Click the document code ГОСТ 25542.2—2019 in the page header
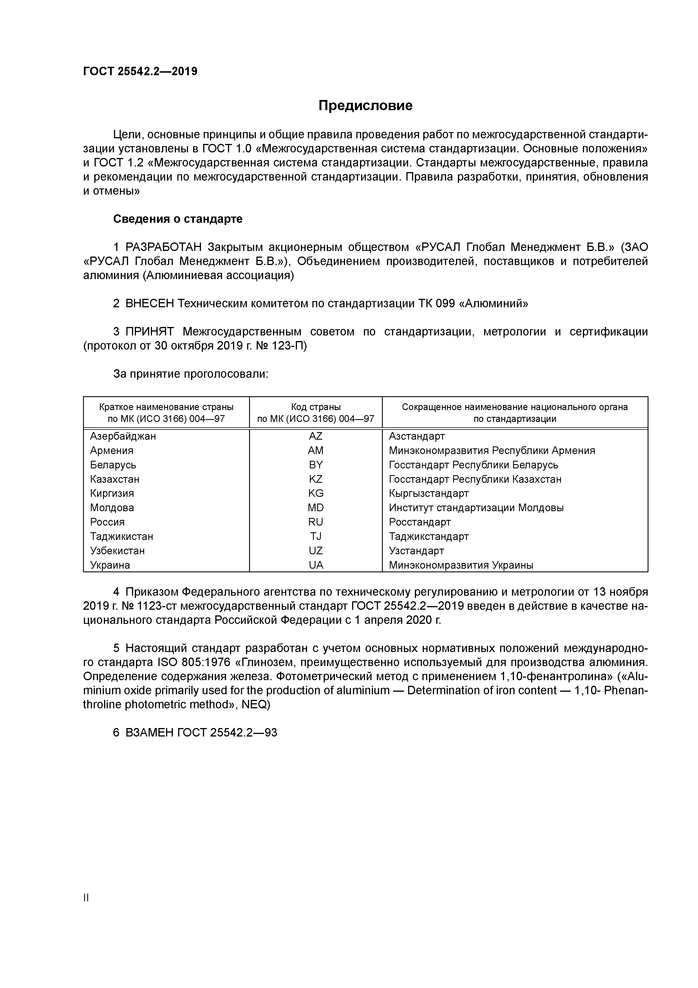click(140, 72)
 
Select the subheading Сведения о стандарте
click(178, 219)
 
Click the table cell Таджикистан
click(121, 537)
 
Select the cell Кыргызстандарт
click(428, 493)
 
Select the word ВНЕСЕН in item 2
click(150, 304)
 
